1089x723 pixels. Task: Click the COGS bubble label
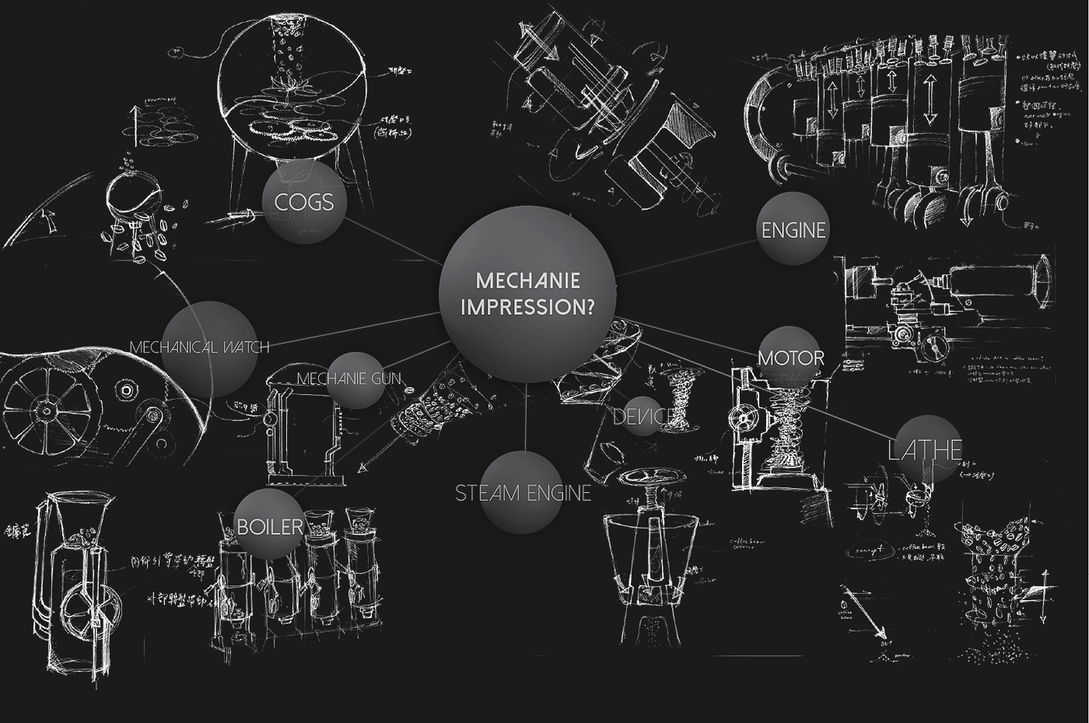pos(303,202)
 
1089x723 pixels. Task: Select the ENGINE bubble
pos(793,230)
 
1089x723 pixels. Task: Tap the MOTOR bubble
pos(791,358)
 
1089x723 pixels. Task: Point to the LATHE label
pos(926,449)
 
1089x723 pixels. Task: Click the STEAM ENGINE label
pos(523,493)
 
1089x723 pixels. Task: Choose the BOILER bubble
pos(269,526)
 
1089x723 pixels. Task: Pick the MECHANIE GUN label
pos(349,379)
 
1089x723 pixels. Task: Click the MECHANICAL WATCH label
pos(200,347)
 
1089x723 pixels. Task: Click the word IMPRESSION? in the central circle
pos(528,307)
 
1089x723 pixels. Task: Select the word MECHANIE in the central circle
pos(528,280)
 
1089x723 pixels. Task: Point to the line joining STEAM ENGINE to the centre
pos(527,416)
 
